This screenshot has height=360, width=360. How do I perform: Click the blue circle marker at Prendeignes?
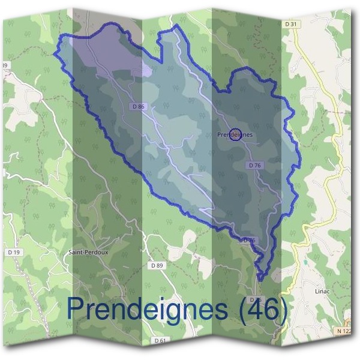(235, 134)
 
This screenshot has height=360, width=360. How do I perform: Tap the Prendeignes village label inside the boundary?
(235, 135)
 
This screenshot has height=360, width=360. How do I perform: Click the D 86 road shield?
(138, 107)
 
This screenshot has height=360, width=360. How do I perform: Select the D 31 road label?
(292, 23)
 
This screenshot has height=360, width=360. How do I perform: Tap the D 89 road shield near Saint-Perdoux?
(157, 265)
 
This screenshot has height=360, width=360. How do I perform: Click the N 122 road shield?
(344, 331)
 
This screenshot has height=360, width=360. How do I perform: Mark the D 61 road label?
(160, 340)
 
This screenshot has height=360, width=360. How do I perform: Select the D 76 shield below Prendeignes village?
(254, 165)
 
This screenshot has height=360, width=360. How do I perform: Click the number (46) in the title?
(263, 309)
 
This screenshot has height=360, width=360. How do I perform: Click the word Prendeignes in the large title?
(149, 309)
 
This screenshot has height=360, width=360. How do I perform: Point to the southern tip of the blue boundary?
(261, 279)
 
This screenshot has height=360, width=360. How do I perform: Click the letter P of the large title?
(76, 308)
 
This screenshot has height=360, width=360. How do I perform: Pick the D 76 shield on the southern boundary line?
(250, 240)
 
